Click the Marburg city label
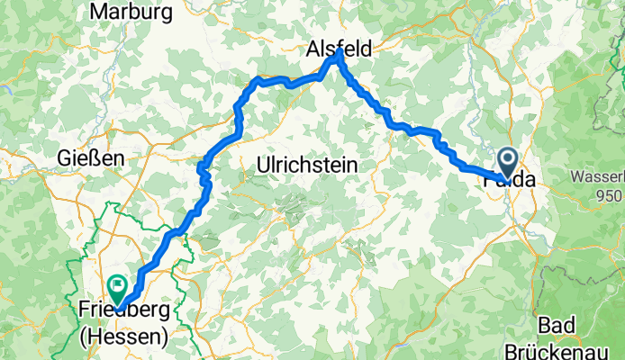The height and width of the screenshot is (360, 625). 131,13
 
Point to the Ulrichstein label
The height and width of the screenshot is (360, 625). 307,166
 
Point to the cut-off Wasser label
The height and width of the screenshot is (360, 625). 599,177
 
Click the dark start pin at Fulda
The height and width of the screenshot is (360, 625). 508,163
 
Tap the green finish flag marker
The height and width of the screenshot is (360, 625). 117,288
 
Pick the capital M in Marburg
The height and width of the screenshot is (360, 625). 98,13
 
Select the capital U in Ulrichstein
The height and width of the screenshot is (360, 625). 263,166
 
